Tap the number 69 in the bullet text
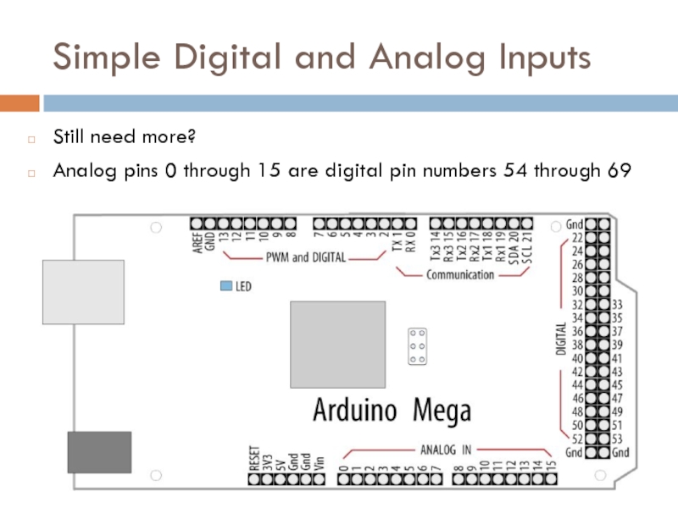point(619,170)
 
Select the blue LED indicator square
point(225,286)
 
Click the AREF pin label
point(196,240)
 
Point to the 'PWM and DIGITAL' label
point(306,257)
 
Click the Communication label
point(460,274)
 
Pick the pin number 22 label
point(576,239)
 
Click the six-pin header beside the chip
point(417,345)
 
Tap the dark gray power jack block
point(99,452)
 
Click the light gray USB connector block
point(83,292)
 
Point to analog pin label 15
point(551,464)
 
